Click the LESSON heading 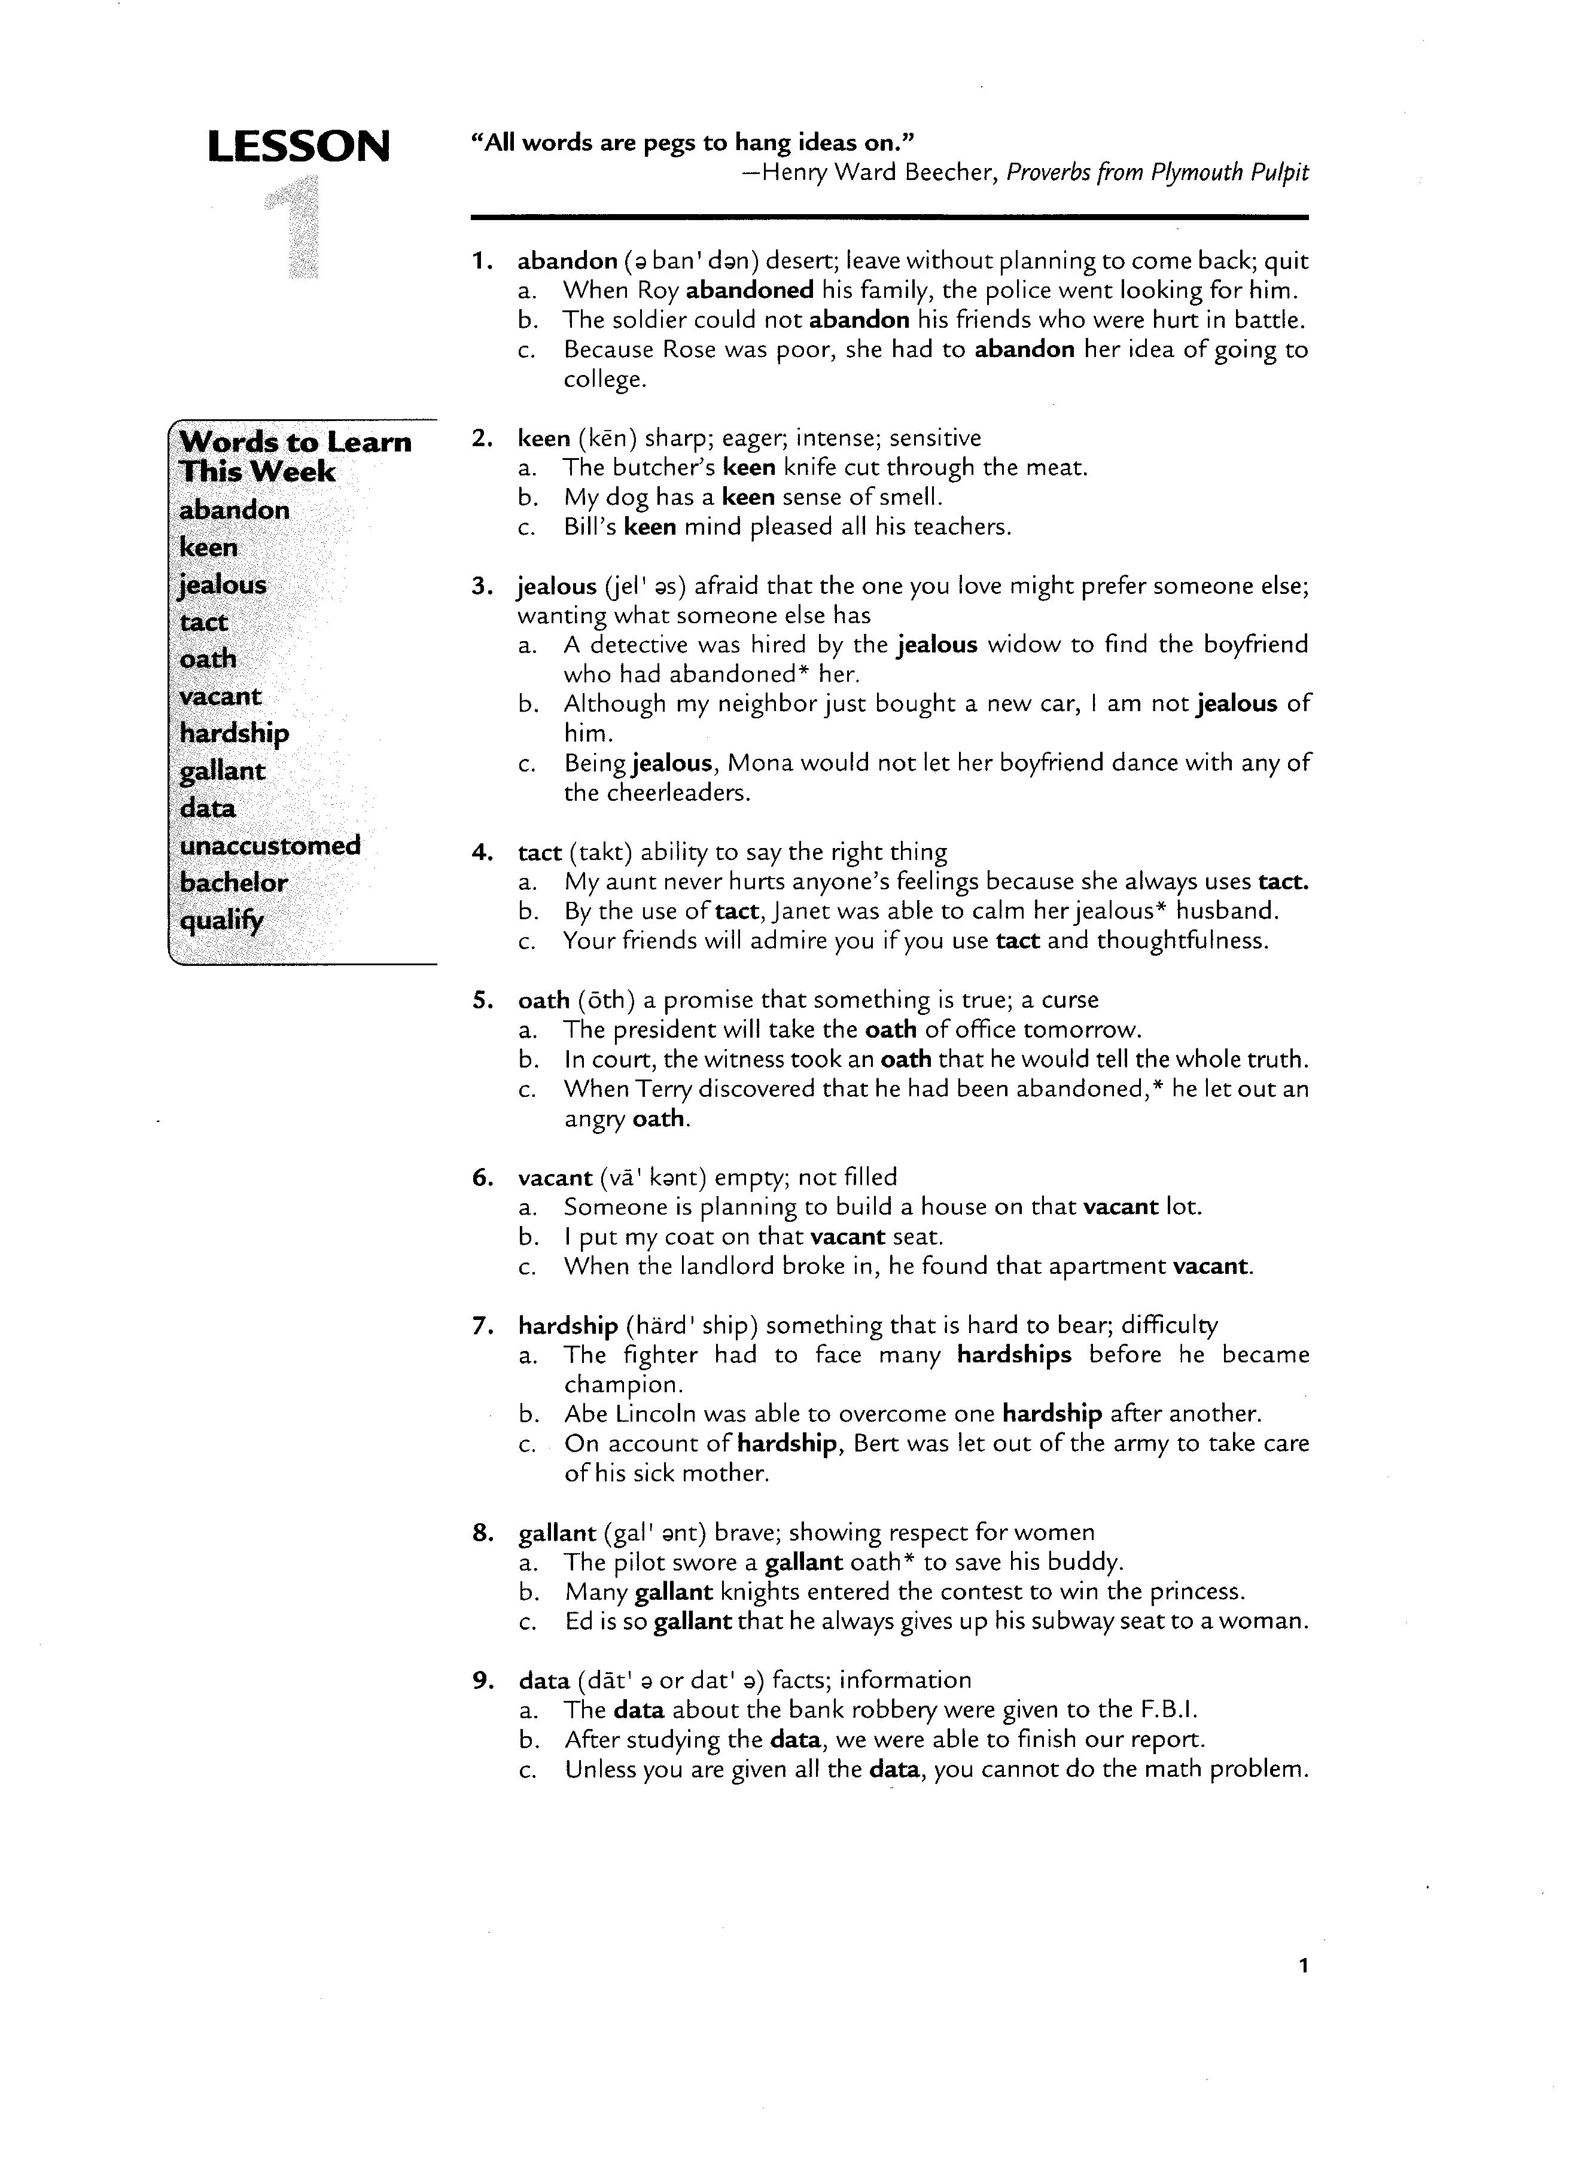click(299, 147)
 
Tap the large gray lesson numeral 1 click(294, 230)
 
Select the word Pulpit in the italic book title click(1277, 172)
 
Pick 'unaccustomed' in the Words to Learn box click(270, 846)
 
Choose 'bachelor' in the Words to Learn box click(233, 883)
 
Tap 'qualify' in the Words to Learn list click(221, 921)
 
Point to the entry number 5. click(482, 1000)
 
